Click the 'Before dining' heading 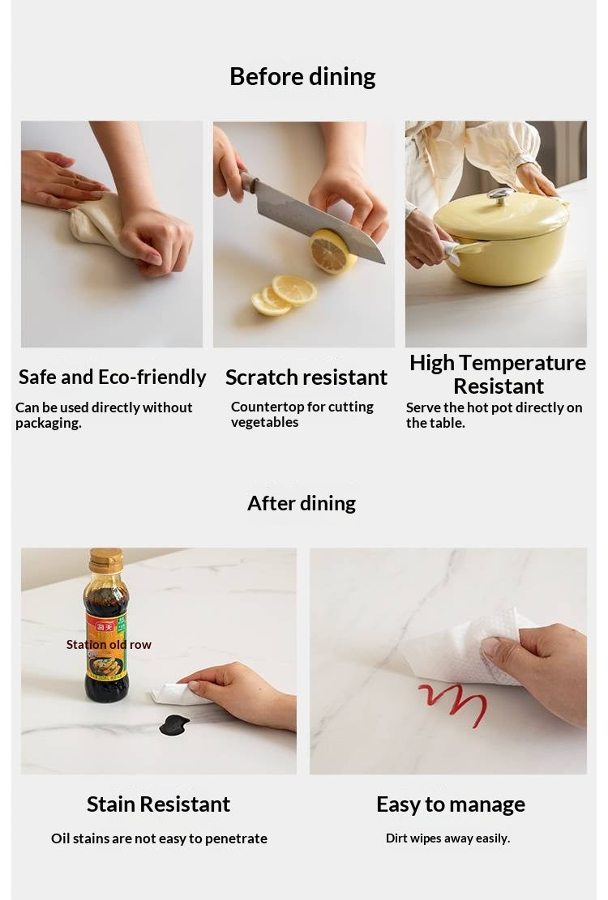(x=302, y=77)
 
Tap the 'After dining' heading (x=302, y=503)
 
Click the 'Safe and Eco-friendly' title (x=112, y=377)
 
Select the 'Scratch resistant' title (x=306, y=377)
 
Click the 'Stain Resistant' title (x=158, y=804)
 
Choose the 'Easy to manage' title (x=451, y=804)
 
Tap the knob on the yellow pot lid (x=501, y=194)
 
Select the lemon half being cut (x=330, y=251)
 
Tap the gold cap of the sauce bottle (x=106, y=561)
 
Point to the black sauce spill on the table (x=174, y=726)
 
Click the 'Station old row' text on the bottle (x=109, y=645)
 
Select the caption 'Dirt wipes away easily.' (x=447, y=838)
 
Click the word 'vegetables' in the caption (x=264, y=422)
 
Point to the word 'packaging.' (x=48, y=424)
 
